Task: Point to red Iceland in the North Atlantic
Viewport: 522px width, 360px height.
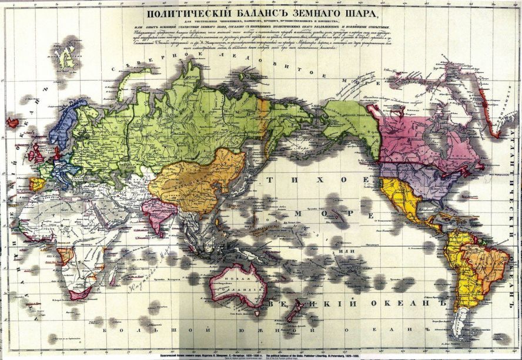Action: coord(12,123)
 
